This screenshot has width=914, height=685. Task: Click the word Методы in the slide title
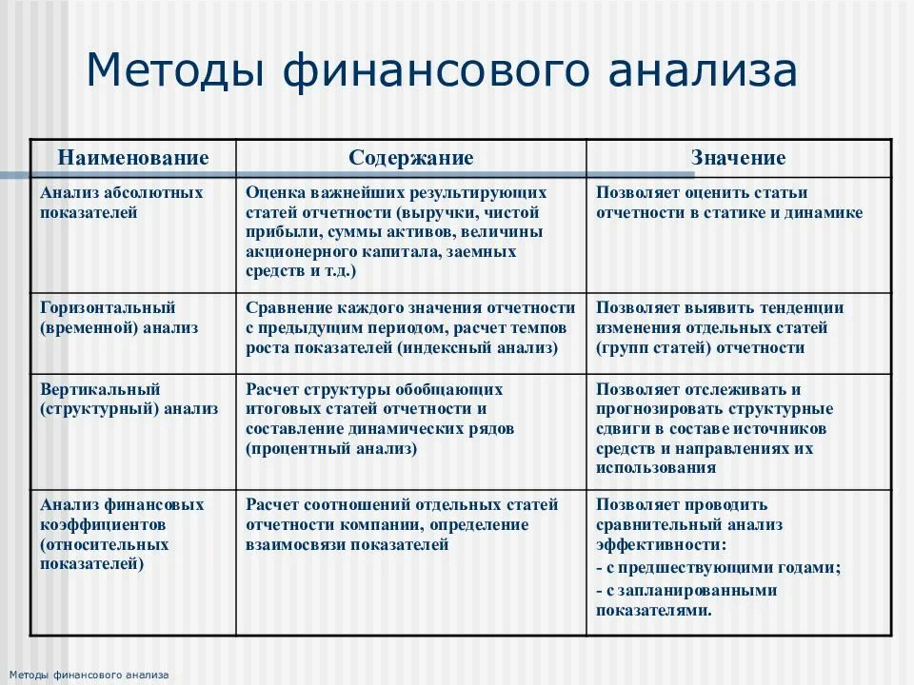tap(172, 73)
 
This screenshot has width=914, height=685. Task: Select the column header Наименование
tap(133, 158)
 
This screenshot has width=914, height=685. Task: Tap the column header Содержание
tap(410, 158)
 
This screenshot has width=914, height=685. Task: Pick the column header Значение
tap(738, 158)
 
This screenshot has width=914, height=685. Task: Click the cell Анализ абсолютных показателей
tap(122, 203)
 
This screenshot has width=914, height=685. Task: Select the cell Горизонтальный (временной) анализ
tap(119, 318)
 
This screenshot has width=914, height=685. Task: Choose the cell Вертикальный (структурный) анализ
tap(129, 399)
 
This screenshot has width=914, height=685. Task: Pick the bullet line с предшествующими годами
tap(718, 568)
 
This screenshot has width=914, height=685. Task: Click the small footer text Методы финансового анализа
tap(86, 675)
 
